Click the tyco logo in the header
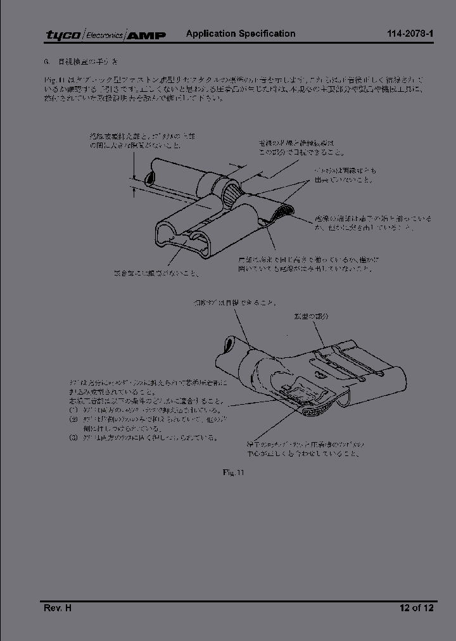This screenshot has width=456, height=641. pos(63,35)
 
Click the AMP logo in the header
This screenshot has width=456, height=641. pos(147,35)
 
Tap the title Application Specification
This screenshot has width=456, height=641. pos(240,34)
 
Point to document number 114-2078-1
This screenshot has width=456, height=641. pos(410,34)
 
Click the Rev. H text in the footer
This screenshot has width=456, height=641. pos(57,608)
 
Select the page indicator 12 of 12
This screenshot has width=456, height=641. pos(416,608)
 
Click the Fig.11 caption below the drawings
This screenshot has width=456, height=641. pos(233,472)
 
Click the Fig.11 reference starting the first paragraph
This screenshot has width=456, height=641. pos(51,80)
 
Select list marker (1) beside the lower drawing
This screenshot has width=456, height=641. pos(73,410)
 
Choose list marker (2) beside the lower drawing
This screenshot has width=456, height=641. pos(73,419)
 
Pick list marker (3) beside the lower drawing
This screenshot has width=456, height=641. pos(73,437)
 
